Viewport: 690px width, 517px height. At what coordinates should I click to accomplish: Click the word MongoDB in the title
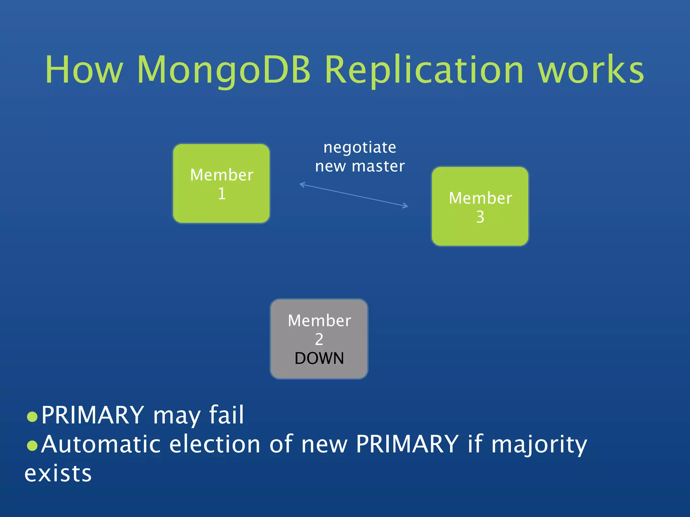point(224,70)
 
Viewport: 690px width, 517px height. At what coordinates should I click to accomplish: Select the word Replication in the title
point(424,70)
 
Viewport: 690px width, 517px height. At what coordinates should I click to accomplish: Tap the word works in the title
point(590,70)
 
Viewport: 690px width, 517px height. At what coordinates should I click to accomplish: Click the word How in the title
point(84,70)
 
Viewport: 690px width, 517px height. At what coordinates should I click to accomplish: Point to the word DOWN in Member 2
point(319,358)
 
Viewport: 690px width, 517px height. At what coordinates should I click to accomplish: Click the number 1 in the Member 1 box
point(222,194)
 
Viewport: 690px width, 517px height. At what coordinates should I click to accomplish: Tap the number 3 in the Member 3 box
point(480,217)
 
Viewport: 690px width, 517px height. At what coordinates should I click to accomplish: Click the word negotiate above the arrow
point(360,147)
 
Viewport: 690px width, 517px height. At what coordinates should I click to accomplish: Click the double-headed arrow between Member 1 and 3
point(354,195)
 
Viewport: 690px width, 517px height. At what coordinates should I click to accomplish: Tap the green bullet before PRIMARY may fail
point(32,417)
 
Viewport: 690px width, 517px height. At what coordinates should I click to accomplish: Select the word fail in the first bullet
point(226,415)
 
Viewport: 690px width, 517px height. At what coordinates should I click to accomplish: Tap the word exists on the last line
point(58,474)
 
